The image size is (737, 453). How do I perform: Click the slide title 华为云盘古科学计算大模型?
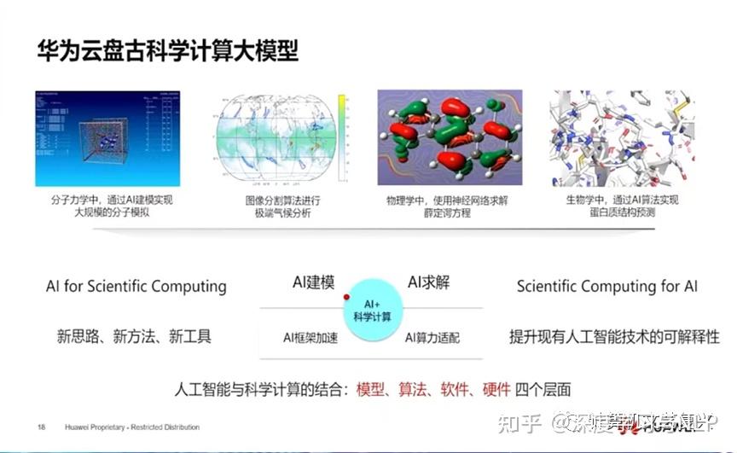(x=167, y=50)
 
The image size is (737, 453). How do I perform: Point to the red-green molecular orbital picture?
(x=450, y=138)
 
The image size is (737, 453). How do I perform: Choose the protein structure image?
(x=622, y=138)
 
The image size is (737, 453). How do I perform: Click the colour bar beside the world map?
(x=341, y=136)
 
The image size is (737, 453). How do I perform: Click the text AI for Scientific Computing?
(x=136, y=286)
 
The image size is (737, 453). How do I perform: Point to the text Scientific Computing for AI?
(x=606, y=286)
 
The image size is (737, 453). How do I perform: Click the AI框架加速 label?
(x=310, y=338)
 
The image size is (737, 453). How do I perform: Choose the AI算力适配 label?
(x=432, y=338)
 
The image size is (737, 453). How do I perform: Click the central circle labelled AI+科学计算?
(x=372, y=310)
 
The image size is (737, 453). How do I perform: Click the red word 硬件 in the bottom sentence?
(x=496, y=389)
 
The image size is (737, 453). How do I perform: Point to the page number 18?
(x=41, y=427)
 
